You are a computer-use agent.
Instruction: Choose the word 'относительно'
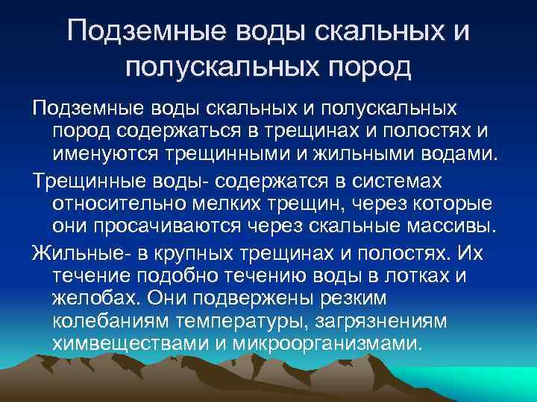click(116, 204)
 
